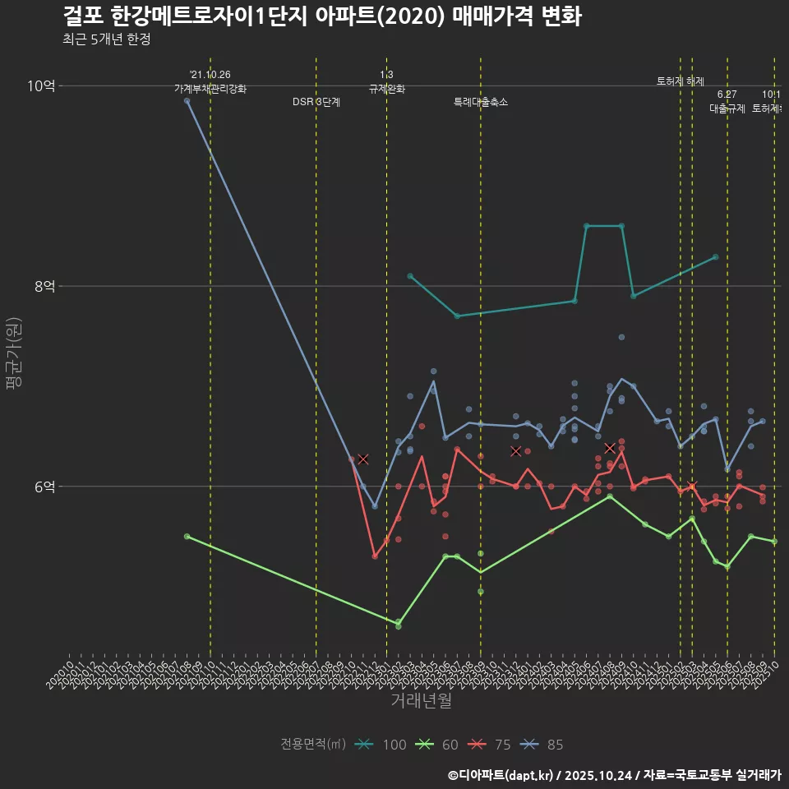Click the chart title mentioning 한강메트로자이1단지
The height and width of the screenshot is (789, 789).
tap(322, 16)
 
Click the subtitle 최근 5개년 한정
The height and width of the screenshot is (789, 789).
tap(106, 39)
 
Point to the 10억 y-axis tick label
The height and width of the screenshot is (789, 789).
tap(41, 86)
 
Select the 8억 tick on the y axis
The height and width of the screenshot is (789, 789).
tap(44, 286)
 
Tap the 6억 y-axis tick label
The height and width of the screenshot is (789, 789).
tap(44, 487)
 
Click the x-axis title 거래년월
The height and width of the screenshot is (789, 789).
tap(421, 701)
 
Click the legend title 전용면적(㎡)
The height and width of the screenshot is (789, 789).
tap(313, 745)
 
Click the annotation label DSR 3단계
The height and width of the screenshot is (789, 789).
tap(316, 103)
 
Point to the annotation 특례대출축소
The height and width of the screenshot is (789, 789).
tap(481, 103)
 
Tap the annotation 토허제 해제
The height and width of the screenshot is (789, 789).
tap(681, 81)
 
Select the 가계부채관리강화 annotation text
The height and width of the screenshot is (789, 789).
tap(210, 89)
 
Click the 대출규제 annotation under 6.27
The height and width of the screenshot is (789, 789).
tap(727, 108)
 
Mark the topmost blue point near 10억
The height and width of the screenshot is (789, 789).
tap(187, 100)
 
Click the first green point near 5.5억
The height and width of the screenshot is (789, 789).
tap(187, 536)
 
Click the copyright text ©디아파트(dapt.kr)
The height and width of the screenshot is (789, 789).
tap(501, 775)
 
